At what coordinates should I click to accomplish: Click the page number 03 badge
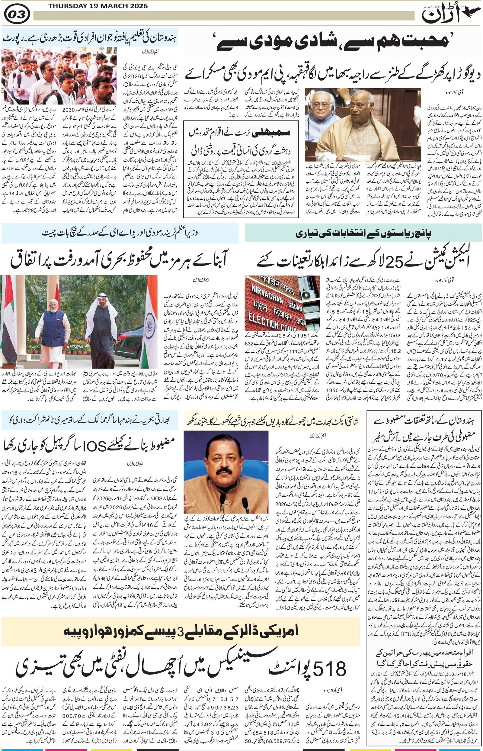17,14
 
